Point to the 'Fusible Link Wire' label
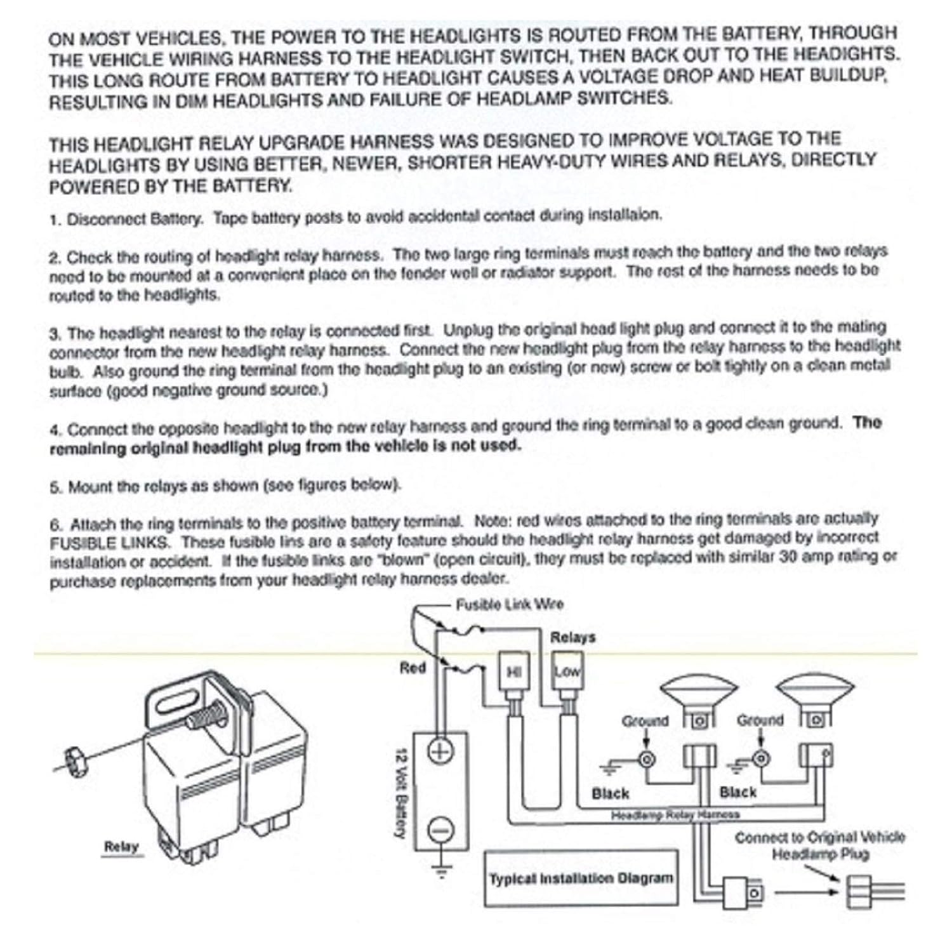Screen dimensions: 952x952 click(509, 604)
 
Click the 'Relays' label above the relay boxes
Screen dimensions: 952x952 click(572, 637)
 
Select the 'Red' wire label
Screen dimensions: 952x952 click(412, 668)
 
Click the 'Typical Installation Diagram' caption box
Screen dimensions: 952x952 click(581, 879)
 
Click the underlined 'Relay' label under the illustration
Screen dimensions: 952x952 click(121, 847)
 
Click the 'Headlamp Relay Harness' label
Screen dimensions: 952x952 click(675, 814)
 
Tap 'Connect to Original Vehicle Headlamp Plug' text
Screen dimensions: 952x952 click(819, 845)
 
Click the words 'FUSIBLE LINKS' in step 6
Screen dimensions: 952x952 click(110, 543)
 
